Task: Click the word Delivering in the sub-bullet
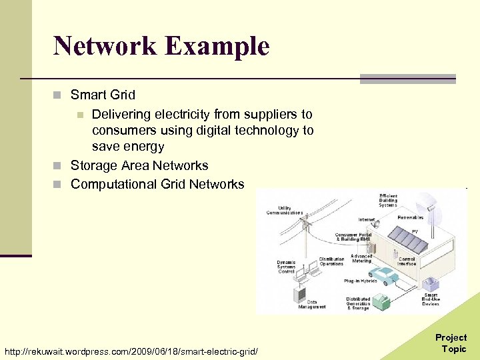click(x=121, y=114)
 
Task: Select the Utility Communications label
click(x=285, y=211)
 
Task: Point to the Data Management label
click(x=312, y=304)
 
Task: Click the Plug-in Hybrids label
click(x=361, y=281)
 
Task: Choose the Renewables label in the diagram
click(x=411, y=217)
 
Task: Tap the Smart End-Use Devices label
click(x=431, y=299)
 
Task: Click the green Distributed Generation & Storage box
click(x=381, y=301)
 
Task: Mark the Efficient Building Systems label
click(x=388, y=199)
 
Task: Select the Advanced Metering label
click(x=362, y=258)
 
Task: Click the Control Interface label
click(x=407, y=261)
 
